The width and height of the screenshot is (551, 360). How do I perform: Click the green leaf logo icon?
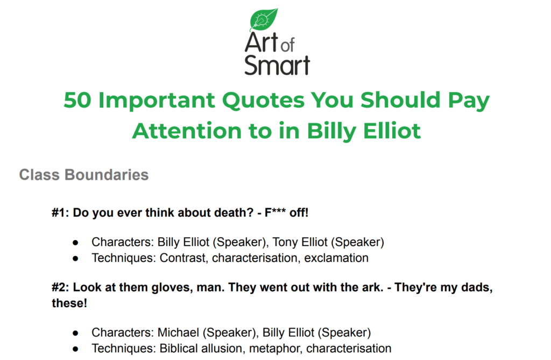[264, 19]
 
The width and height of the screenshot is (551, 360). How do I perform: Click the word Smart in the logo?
[277, 65]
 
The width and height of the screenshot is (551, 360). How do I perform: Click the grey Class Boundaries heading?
[84, 175]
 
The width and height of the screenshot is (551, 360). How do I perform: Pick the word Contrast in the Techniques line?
[182, 258]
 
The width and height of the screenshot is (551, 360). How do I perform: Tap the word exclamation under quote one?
[336, 258]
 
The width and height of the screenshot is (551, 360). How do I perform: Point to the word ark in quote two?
[375, 287]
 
